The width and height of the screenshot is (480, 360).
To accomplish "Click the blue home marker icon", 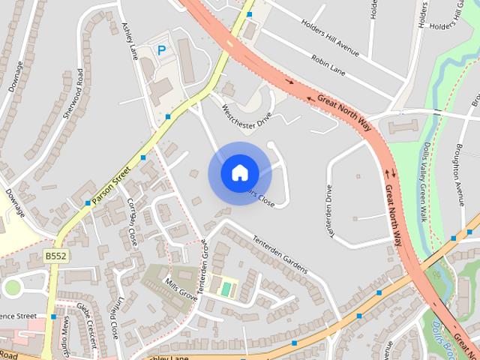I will pyautogui.click(x=238, y=172).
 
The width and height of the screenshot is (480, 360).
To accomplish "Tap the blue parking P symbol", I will pyautogui.click(x=161, y=50).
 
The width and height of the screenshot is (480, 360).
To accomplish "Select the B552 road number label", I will pyautogui.click(x=55, y=256).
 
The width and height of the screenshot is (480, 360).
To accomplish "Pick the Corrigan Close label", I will pyautogui.click(x=133, y=223).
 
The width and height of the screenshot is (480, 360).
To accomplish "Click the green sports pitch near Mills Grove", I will pyautogui.click(x=226, y=287).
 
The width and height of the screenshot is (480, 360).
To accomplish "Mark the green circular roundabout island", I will pyautogui.click(x=12, y=287).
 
